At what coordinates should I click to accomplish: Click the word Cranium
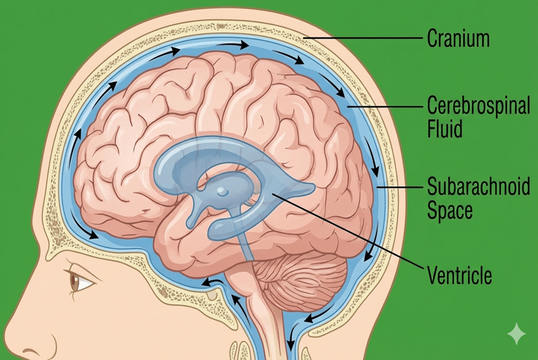[459, 39]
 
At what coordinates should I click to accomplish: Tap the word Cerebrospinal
[478, 107]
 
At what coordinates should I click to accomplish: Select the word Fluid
[444, 129]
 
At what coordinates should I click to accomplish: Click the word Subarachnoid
[478, 187]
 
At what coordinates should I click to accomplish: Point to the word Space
[450, 210]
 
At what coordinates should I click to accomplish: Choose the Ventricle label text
[459, 276]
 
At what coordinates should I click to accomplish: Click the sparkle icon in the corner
[516, 334]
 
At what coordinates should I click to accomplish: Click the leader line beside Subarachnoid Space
[400, 188]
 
